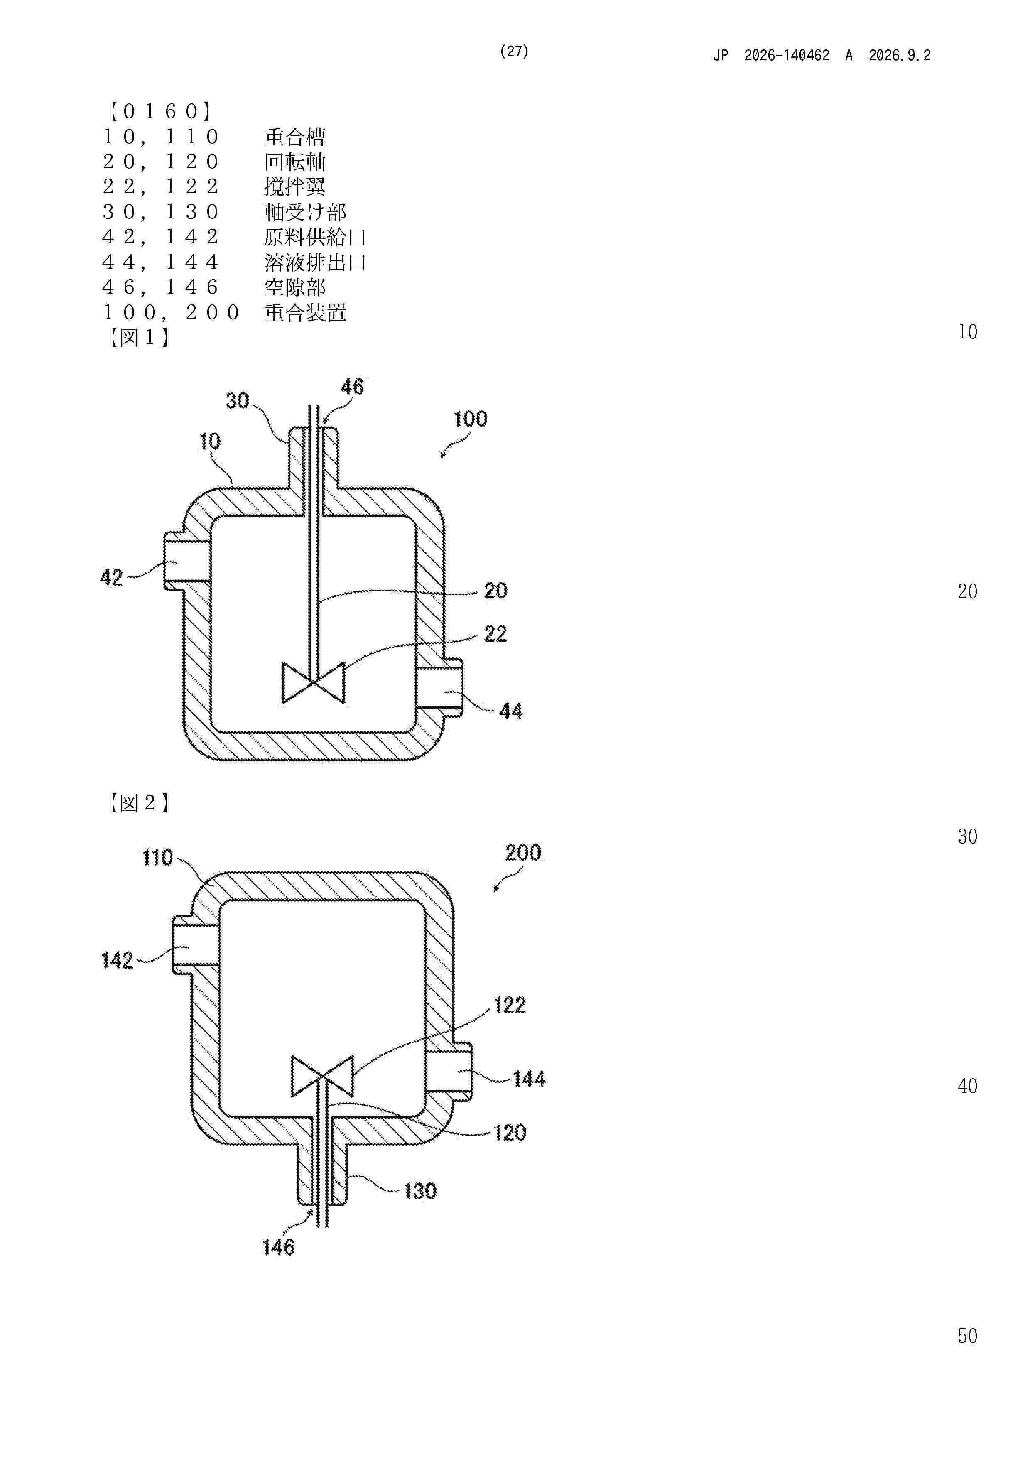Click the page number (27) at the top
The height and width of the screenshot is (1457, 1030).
pyautogui.click(x=514, y=52)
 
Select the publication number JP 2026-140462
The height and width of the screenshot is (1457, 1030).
pyautogui.click(x=771, y=56)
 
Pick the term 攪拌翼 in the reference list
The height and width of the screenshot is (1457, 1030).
pyautogui.click(x=295, y=186)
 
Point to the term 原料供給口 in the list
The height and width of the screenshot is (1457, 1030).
pyautogui.click(x=315, y=237)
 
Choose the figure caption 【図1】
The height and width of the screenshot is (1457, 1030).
pyautogui.click(x=138, y=337)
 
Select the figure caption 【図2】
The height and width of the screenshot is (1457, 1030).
pyautogui.click(x=138, y=803)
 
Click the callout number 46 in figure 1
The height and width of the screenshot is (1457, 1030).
pyautogui.click(x=352, y=386)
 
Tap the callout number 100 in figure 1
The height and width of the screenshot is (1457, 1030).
pyautogui.click(x=470, y=419)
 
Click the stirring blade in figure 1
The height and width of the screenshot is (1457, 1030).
pyautogui.click(x=314, y=683)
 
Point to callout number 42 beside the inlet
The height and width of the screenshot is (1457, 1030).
pyautogui.click(x=112, y=577)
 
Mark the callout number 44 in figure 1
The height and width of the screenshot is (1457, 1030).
pyautogui.click(x=511, y=711)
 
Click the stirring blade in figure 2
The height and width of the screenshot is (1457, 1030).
pyautogui.click(x=322, y=1076)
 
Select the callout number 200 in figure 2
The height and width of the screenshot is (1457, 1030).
pyautogui.click(x=523, y=852)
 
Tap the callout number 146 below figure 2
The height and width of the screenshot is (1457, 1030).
pyautogui.click(x=279, y=1248)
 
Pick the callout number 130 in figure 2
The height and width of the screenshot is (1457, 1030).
pyautogui.click(x=420, y=1191)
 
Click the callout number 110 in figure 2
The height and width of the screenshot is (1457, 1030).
pyautogui.click(x=157, y=858)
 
